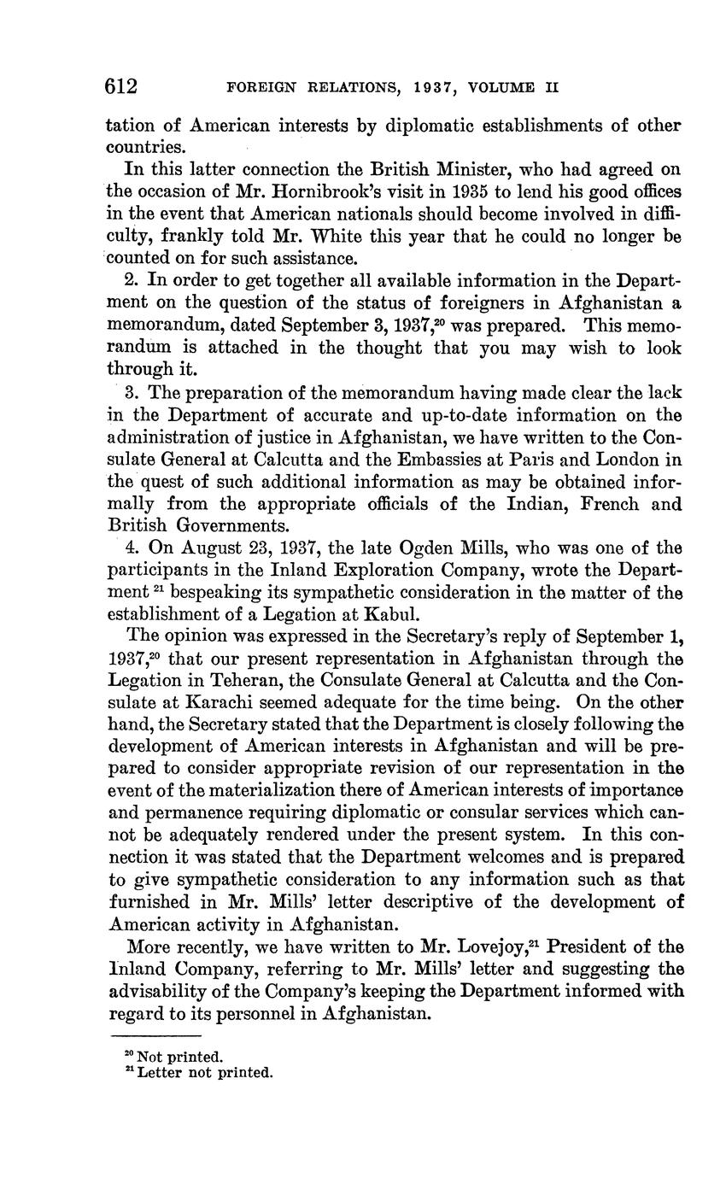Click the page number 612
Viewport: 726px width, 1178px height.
[x=121, y=87]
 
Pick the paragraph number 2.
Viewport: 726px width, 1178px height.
[x=130, y=280]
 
